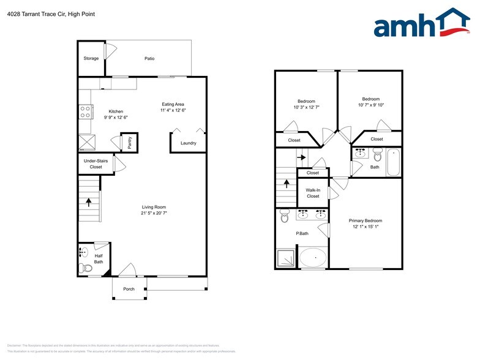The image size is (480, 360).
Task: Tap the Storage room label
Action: [91, 59]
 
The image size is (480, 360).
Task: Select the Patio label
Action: [149, 59]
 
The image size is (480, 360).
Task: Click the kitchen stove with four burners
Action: [85, 112]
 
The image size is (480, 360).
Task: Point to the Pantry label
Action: [130, 142]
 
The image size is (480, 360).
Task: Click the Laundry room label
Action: [188, 144]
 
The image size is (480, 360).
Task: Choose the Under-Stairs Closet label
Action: [96, 164]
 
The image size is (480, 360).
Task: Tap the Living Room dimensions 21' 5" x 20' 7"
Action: [153, 214]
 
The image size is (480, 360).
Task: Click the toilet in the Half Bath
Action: [86, 267]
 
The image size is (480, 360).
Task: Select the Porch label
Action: [129, 289]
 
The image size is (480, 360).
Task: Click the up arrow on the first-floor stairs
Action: [89, 200]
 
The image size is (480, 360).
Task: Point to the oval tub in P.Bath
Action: [312, 258]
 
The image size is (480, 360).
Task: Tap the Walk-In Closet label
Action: [313, 193]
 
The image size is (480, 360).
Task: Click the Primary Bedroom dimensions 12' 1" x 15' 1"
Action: [366, 227]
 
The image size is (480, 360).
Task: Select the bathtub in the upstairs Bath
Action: [392, 162]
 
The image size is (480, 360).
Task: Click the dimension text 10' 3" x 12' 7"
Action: [306, 108]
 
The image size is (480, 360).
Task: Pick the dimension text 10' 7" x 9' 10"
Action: [370, 105]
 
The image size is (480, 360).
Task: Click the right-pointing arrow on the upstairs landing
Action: [301, 157]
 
